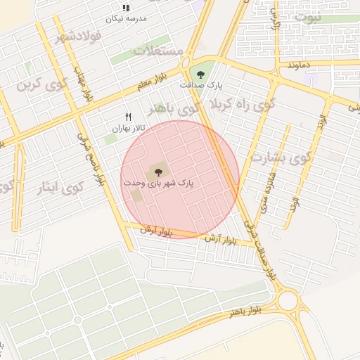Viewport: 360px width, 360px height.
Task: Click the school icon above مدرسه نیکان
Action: point(125,8)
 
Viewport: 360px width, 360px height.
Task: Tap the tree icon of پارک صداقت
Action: point(202,74)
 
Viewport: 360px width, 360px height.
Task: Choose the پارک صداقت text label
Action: point(200,85)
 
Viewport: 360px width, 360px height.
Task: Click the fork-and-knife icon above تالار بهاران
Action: point(128,117)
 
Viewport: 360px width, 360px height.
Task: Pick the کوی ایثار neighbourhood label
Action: point(62,188)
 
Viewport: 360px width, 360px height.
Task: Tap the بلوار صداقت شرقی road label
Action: point(262,246)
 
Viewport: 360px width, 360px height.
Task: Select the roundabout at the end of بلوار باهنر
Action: point(288,302)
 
